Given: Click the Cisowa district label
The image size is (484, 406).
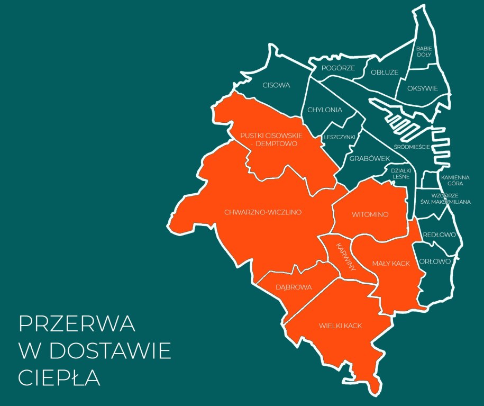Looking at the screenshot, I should pyautogui.click(x=276, y=85).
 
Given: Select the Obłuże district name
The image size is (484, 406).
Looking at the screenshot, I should pyautogui.click(x=385, y=72).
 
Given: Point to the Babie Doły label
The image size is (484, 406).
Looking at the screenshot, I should pyautogui.click(x=424, y=51).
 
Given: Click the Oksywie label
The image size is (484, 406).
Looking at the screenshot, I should pyautogui.click(x=423, y=88).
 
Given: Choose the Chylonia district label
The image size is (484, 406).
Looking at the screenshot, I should pyautogui.click(x=325, y=110).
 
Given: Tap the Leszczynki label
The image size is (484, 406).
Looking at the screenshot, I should pyautogui.click(x=339, y=137).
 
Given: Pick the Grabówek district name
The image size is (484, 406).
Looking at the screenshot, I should pyautogui.click(x=369, y=158).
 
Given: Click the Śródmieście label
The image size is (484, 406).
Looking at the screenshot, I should pyautogui.click(x=412, y=147).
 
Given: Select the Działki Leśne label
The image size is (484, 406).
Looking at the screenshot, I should pyautogui.click(x=401, y=174).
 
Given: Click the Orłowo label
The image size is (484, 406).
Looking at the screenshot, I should pyautogui.click(x=434, y=261).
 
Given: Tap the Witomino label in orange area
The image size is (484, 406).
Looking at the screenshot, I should pyautogui.click(x=370, y=214).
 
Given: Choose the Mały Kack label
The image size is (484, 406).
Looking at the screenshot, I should pyautogui.click(x=391, y=264).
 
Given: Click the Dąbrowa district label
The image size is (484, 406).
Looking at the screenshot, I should pyautogui.click(x=294, y=287).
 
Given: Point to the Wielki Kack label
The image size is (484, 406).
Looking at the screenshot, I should pyautogui.click(x=340, y=326).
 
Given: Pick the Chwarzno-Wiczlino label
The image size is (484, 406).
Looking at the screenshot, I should pyautogui.click(x=262, y=212).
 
